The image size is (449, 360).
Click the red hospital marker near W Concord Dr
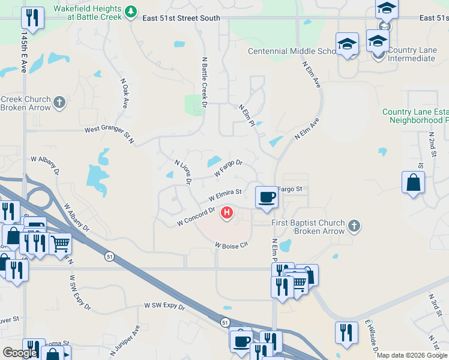click(x=227, y=212)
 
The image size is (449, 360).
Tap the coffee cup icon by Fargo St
click(x=266, y=197)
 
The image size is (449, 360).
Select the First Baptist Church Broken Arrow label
click(x=308, y=227)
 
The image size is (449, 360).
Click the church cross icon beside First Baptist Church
click(x=354, y=226)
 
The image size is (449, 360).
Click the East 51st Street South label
click(x=181, y=19)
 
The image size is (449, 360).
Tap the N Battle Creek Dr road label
click(x=204, y=82)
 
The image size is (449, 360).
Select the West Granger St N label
click(x=110, y=133)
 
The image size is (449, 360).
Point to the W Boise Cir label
click(x=231, y=245)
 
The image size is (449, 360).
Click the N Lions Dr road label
click(x=182, y=172)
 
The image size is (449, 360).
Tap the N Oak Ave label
click(x=125, y=94)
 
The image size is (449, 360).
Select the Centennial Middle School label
click(x=292, y=51)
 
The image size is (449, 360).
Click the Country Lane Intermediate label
click(x=411, y=54)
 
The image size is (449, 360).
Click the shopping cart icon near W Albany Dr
click(x=60, y=244)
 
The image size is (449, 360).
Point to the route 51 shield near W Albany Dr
click(x=109, y=256)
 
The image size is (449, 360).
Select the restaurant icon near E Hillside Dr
click(x=346, y=333)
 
